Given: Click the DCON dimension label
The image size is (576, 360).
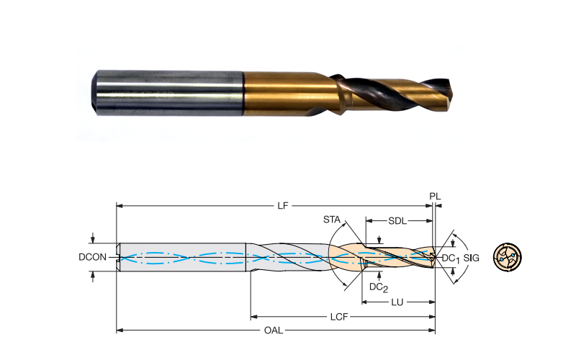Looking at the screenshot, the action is [92, 257].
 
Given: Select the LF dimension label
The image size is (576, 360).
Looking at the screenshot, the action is [282, 206].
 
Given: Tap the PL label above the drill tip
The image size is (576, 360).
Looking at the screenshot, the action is [435, 197].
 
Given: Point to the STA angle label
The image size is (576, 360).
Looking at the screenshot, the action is [332, 220].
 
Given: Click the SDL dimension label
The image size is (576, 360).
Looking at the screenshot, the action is [397, 221].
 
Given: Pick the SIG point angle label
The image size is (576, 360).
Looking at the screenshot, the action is [472, 258].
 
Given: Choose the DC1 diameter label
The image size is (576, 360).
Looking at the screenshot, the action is [451, 258].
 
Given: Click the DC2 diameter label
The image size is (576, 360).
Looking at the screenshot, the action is [379, 287].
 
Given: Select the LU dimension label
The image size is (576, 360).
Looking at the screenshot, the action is [397, 302].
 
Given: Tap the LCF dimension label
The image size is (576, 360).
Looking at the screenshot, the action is [339, 317].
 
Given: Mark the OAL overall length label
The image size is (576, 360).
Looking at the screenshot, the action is [274, 330].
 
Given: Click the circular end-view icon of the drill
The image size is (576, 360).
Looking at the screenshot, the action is [508, 257].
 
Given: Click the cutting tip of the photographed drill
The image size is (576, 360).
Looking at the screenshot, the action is [450, 91].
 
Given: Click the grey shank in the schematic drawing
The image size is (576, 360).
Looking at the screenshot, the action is [181, 257].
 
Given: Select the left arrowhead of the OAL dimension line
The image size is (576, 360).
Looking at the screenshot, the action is [120, 330].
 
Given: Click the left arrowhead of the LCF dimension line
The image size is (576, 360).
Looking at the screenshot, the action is [253, 317].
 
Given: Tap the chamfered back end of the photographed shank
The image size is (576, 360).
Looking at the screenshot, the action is [94, 93].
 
